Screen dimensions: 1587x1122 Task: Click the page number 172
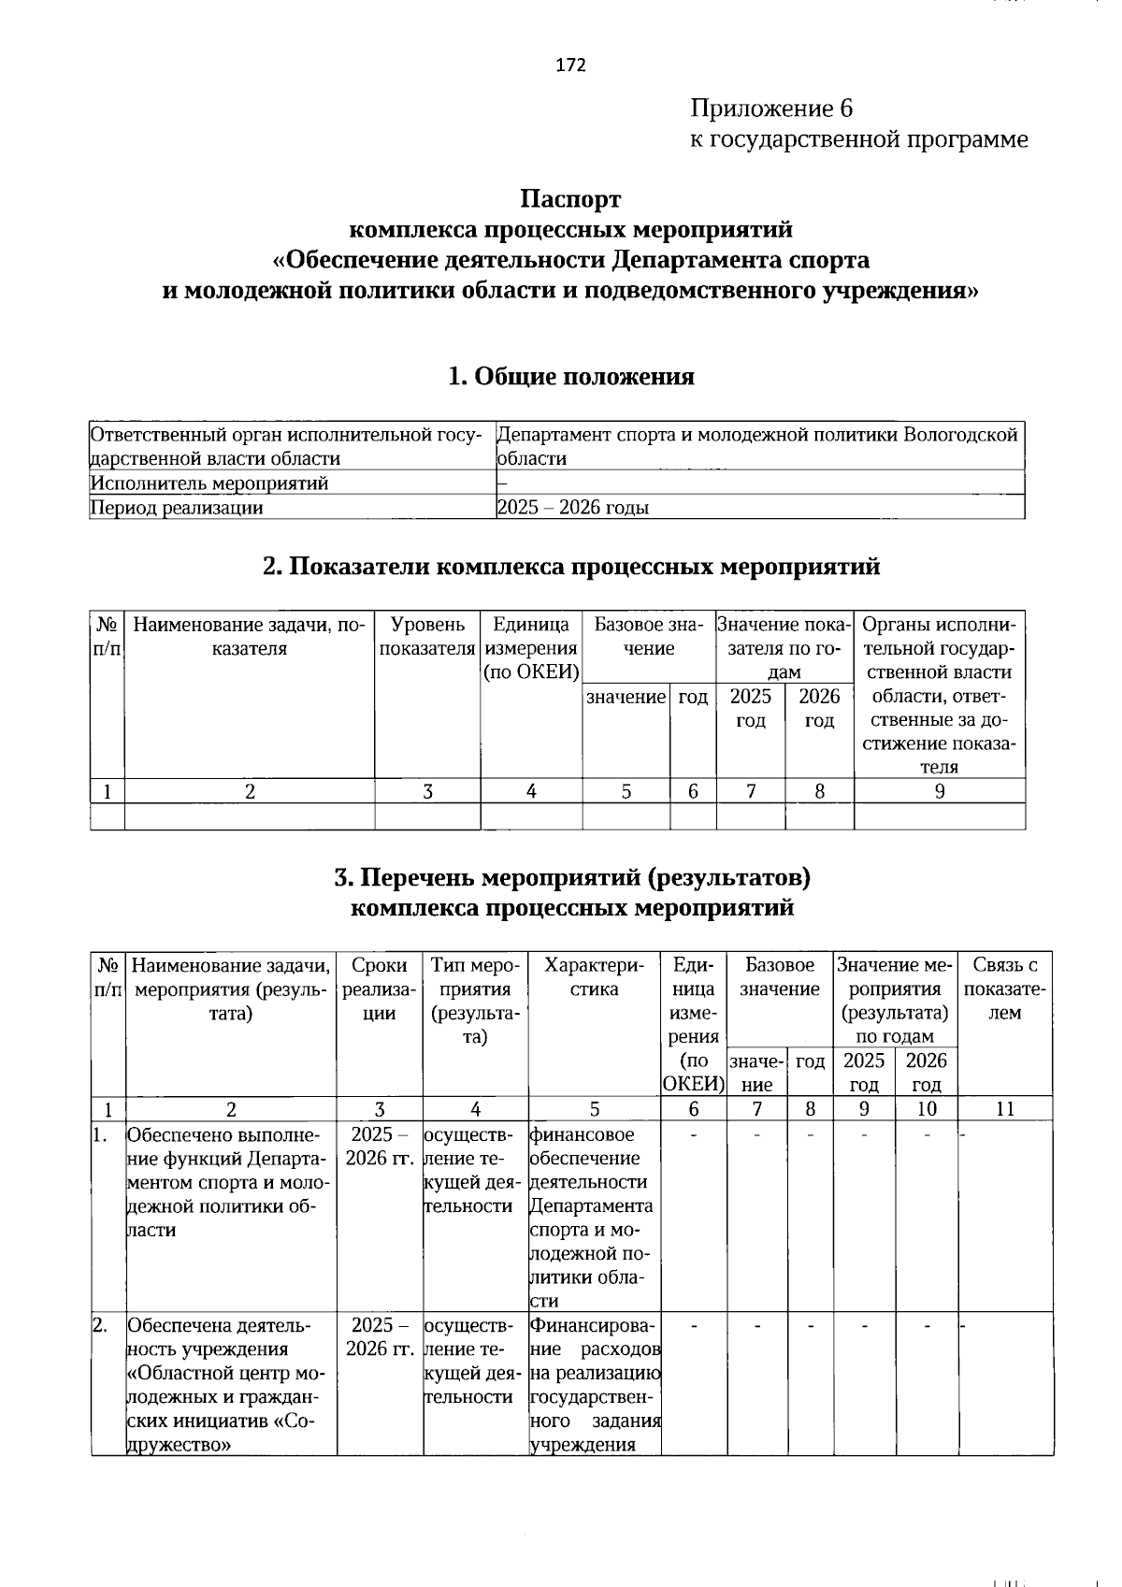pyautogui.click(x=570, y=65)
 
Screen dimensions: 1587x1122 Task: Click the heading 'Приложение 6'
pyautogui.click(x=771, y=108)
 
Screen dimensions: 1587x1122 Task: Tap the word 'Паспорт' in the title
pyautogui.click(x=570, y=199)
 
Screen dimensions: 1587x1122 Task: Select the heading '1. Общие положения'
pyautogui.click(x=570, y=376)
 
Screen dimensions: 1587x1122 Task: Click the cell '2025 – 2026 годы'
pyautogui.click(x=573, y=508)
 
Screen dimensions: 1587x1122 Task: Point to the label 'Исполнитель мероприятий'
pyautogui.click(x=209, y=483)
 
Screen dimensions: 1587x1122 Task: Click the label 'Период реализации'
pyautogui.click(x=176, y=508)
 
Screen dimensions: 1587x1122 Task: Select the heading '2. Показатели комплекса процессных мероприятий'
pyautogui.click(x=570, y=567)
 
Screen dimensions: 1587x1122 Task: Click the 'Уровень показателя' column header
pyautogui.click(x=427, y=636)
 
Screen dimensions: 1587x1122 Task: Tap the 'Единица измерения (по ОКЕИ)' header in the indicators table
pyautogui.click(x=531, y=648)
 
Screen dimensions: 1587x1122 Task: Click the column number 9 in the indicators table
pyautogui.click(x=940, y=791)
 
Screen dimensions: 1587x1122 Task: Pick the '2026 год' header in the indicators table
pyautogui.click(x=819, y=708)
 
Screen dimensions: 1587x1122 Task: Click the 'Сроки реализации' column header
pyautogui.click(x=380, y=988)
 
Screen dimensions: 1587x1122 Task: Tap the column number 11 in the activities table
pyautogui.click(x=1005, y=1109)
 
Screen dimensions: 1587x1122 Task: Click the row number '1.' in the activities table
pyautogui.click(x=100, y=1134)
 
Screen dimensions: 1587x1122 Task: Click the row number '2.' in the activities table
pyautogui.click(x=100, y=1325)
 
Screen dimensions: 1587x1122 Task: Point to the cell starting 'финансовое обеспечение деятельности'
pyautogui.click(x=593, y=1216)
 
